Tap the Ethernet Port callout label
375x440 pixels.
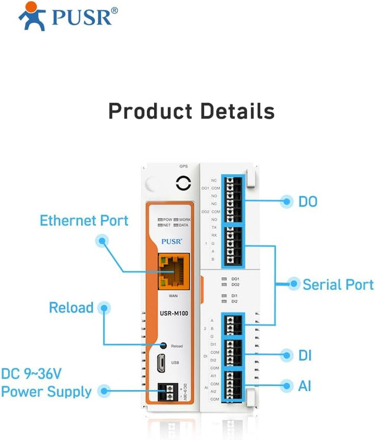tap(84, 221)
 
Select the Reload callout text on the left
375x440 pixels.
tap(71, 307)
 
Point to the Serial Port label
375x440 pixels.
tap(338, 284)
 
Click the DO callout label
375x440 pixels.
tap(308, 202)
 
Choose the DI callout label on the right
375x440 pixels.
tap(305, 356)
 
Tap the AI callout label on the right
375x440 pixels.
tap(305, 386)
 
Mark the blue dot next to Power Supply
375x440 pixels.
tap(105, 391)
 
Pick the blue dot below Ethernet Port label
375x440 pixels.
tap(102, 240)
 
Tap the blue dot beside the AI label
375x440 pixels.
tap(286, 386)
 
